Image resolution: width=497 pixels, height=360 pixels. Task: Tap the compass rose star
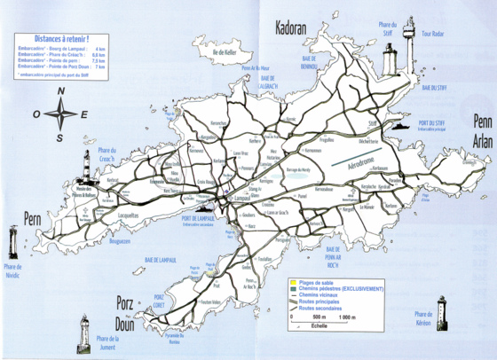pos(60,113)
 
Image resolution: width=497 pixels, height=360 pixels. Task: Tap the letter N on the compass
pos(60,90)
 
